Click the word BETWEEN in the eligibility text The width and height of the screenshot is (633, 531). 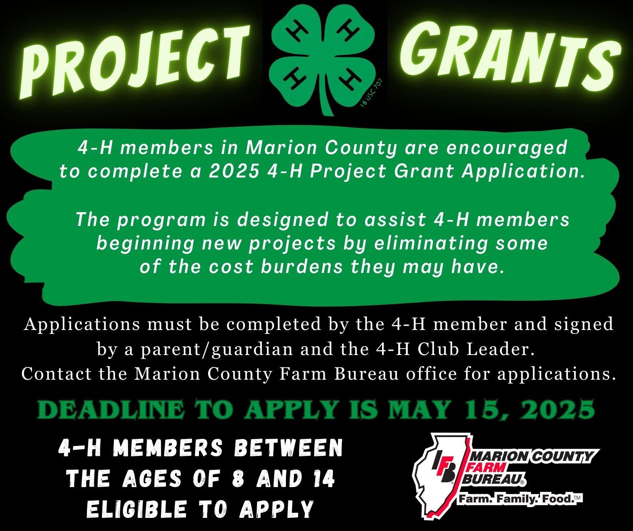coord(288,448)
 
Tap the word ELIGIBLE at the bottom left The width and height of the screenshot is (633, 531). coord(137,509)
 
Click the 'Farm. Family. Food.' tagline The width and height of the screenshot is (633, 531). coord(519,499)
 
